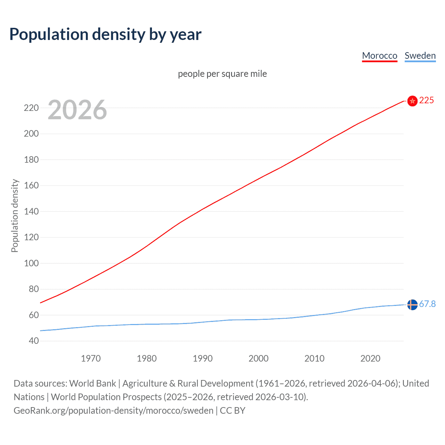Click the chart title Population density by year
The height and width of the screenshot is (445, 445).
[105, 34]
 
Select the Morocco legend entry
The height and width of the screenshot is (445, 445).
[379, 56]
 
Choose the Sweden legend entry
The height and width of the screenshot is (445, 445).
[420, 56]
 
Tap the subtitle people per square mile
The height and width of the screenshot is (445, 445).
[222, 74]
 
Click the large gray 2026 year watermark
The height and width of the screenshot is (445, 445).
[77, 110]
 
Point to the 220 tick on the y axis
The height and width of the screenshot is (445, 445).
[31, 108]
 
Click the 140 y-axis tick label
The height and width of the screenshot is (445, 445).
[31, 211]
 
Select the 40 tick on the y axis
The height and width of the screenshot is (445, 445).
[34, 341]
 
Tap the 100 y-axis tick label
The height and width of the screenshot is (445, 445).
[31, 263]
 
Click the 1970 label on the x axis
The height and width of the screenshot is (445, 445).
[91, 358]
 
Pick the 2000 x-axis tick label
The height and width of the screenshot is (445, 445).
[258, 358]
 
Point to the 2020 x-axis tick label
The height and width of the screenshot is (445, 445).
[370, 358]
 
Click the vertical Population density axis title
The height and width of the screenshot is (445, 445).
[15, 216]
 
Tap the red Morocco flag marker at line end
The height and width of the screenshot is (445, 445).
[412, 101]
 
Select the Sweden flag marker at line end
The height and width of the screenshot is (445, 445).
[412, 305]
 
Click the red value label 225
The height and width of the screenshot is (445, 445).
[427, 100]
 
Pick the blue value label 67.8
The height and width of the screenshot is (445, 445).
[427, 304]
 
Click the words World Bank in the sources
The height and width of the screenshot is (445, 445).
[92, 383]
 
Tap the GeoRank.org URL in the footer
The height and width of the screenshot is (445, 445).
[113, 411]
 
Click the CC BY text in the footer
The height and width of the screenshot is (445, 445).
[233, 411]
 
